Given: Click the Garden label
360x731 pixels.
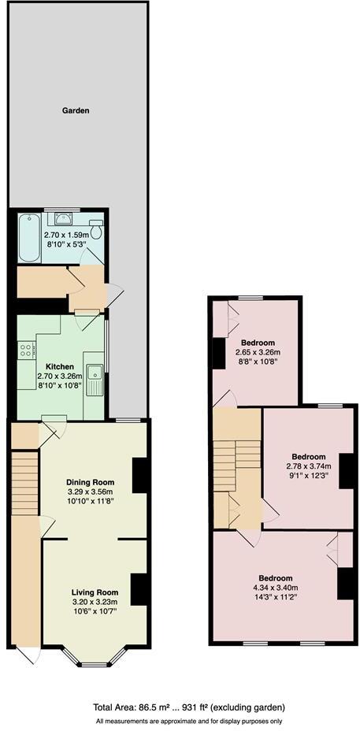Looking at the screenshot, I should pos(76,111).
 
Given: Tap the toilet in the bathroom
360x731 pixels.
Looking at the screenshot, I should pos(96,229).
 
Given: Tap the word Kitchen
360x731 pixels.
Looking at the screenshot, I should pos(60,367).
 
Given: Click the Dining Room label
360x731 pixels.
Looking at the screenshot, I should pos(90,482).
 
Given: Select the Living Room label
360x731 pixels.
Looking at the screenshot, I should pos(95,592).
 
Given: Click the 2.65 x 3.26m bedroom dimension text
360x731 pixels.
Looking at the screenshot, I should pos(258,352).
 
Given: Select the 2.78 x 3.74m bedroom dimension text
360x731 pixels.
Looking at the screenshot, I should pos(308,466).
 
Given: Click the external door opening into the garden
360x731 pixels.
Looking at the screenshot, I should pos(115,293).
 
